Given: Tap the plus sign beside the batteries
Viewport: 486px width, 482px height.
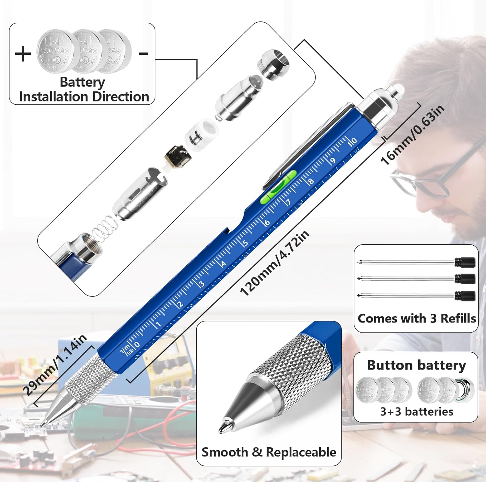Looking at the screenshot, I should click(23, 53).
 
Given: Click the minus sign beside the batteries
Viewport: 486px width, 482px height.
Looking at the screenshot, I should click(144, 53).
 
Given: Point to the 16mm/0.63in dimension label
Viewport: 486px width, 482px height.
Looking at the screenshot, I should click(412, 135).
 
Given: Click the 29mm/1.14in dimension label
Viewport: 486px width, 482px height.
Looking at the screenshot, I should click(55, 365).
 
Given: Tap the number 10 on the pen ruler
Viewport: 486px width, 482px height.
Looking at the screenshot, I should click(352, 141).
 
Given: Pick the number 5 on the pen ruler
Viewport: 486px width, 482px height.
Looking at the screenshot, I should click(245, 242).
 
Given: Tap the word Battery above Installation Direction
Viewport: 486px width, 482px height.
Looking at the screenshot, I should click(82, 82).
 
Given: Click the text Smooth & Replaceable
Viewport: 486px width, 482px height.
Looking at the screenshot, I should click(269, 452).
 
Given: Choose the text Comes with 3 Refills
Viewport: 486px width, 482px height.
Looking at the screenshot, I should click(417, 318).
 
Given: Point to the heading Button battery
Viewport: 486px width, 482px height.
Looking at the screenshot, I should click(416, 365).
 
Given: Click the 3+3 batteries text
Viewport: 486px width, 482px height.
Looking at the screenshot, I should click(417, 412).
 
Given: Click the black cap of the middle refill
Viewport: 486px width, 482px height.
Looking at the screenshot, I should click(465, 278).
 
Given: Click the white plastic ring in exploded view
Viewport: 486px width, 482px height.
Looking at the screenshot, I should click(201, 131).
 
